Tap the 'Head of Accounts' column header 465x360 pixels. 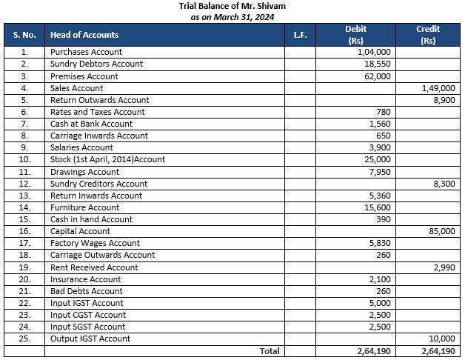(x=84, y=35)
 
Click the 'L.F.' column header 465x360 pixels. (x=300, y=35)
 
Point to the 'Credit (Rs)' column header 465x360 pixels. (x=428, y=35)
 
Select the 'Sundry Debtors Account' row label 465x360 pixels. (x=96, y=64)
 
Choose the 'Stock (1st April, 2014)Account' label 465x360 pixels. (x=107, y=160)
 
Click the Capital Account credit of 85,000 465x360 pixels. (x=443, y=232)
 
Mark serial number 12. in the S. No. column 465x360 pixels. (x=24, y=184)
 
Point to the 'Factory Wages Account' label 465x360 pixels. (x=95, y=244)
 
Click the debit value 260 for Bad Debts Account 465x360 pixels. (x=383, y=291)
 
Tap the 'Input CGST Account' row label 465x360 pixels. (x=87, y=316)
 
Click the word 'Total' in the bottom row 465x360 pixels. (x=269, y=351)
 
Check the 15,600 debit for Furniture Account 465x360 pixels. (x=377, y=207)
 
